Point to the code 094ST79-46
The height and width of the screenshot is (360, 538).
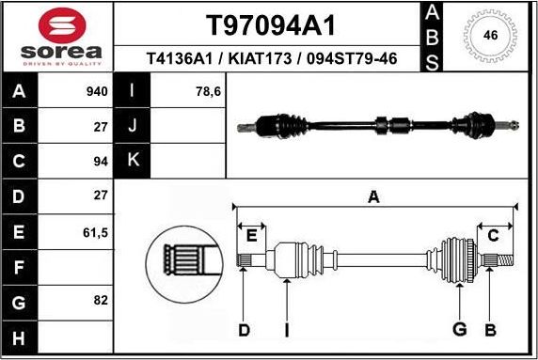click(347, 59)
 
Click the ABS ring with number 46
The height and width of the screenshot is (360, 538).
click(489, 36)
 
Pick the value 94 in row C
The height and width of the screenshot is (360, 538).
click(101, 161)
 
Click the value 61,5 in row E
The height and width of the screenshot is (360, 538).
click(96, 230)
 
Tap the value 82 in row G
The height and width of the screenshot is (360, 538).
click(101, 300)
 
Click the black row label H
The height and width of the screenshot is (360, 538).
click(21, 335)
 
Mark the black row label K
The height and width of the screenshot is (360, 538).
click(132, 161)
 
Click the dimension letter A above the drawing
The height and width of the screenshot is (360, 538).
click(373, 197)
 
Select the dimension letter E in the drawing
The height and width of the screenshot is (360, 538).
click(250, 235)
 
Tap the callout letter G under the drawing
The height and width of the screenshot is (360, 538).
click(460, 329)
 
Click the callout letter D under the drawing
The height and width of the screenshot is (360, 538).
click(244, 329)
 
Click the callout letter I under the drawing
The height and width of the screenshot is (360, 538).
click(287, 329)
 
